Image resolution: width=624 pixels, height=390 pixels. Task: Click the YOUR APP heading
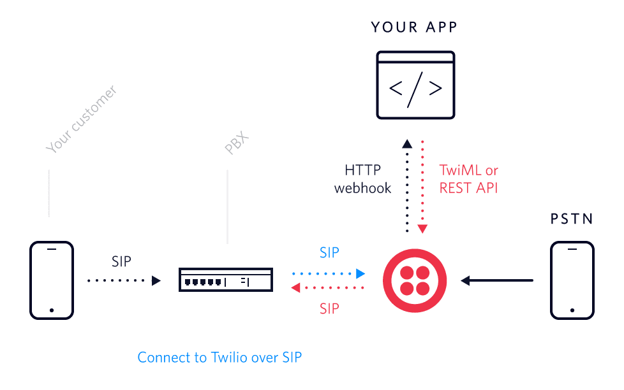[x=415, y=27]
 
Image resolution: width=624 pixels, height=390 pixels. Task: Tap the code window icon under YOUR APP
[x=415, y=85]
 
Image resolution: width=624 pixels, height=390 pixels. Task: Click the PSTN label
[x=572, y=219]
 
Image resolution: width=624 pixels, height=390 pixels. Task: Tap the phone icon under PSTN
[x=572, y=280]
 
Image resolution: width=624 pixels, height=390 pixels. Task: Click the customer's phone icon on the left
[x=52, y=280]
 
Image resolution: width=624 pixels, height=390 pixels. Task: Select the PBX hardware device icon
[x=226, y=280]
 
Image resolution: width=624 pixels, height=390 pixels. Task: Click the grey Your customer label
[x=82, y=120]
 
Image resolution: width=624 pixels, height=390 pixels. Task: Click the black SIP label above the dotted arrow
[x=121, y=261]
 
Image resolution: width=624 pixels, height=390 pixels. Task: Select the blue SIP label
[x=329, y=252]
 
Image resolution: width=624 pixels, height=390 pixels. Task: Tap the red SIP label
[x=329, y=309]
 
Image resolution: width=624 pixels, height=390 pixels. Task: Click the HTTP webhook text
[x=362, y=179]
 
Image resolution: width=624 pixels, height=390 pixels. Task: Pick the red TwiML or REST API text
[x=469, y=179]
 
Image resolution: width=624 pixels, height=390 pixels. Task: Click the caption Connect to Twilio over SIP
[x=219, y=357]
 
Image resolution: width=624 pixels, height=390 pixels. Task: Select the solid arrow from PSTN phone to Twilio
[x=497, y=280]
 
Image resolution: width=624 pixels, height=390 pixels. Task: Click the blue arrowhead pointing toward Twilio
[x=360, y=273]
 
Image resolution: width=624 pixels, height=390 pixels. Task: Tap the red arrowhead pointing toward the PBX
[x=295, y=289]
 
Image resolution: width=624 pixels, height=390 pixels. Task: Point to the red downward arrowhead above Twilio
[x=422, y=229]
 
